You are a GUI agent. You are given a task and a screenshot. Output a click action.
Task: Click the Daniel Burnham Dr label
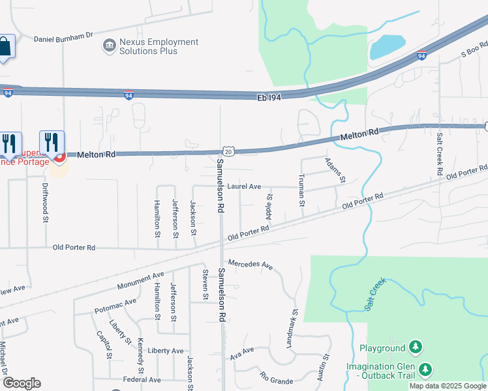click(64, 38)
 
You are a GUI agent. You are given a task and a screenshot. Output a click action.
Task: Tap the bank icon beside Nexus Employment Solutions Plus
click(110, 46)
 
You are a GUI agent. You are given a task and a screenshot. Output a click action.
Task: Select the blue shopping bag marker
click(4, 47)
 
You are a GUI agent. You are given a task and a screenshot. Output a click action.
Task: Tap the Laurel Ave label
click(244, 186)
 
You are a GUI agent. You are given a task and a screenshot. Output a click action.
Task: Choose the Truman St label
click(302, 190)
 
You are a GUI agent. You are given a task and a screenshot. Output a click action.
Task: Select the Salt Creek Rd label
click(440, 154)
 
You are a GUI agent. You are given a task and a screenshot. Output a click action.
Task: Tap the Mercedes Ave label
click(250, 265)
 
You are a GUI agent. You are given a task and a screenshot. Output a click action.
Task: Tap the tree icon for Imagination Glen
click(425, 370)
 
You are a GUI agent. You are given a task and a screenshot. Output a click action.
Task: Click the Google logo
click(22, 383)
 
